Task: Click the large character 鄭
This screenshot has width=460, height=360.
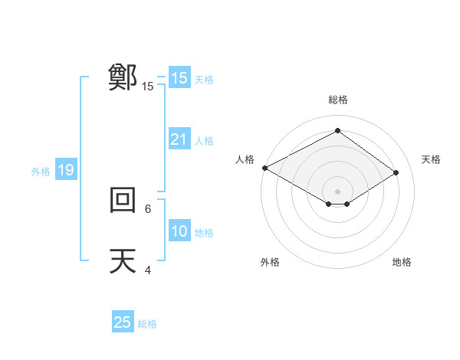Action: click(x=123, y=78)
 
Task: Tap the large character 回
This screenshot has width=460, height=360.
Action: click(x=123, y=200)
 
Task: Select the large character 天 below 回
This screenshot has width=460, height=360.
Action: click(x=123, y=261)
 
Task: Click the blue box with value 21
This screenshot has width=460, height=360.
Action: click(x=179, y=139)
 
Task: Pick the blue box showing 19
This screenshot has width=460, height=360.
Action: click(x=66, y=170)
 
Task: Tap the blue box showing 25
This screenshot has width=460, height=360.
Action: click(x=123, y=322)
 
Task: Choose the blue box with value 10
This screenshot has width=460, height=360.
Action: click(x=179, y=231)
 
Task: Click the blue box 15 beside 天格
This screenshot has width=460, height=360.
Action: click(x=179, y=78)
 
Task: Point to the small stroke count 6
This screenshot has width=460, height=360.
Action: click(x=148, y=208)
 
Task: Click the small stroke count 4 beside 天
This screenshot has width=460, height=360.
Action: click(x=148, y=270)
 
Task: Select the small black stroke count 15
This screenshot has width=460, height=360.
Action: click(x=148, y=87)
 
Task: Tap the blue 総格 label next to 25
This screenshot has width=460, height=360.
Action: click(x=147, y=324)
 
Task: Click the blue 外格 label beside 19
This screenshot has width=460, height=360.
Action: click(x=41, y=172)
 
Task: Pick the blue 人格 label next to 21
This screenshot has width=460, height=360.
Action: click(x=204, y=141)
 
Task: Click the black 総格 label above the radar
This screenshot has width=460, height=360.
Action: click(x=337, y=100)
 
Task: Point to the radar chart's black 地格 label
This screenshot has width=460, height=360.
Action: click(x=402, y=262)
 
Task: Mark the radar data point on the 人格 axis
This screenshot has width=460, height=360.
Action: click(x=264, y=168)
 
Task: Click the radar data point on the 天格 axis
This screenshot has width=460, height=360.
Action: click(x=396, y=172)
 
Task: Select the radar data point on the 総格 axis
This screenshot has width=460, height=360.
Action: click(x=337, y=131)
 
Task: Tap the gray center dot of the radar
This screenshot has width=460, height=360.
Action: click(x=337, y=191)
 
